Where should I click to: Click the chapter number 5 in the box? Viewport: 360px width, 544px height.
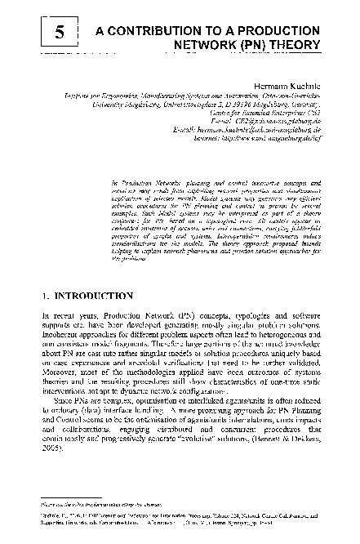pos(59,32)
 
